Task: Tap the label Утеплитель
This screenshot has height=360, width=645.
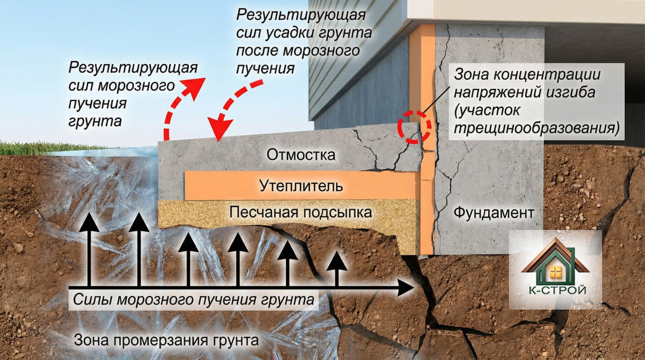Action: (301, 186)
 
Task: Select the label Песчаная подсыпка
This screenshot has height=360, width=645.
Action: (300, 212)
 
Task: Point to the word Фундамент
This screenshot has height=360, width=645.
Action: (493, 212)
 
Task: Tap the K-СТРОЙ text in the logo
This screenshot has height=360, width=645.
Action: (554, 291)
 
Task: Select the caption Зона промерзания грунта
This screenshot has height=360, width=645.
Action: (166, 339)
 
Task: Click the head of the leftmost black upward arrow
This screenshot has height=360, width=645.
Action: (91, 220)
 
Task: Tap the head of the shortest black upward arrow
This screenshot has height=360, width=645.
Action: (337, 260)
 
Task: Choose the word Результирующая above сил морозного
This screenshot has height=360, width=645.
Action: (133, 68)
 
